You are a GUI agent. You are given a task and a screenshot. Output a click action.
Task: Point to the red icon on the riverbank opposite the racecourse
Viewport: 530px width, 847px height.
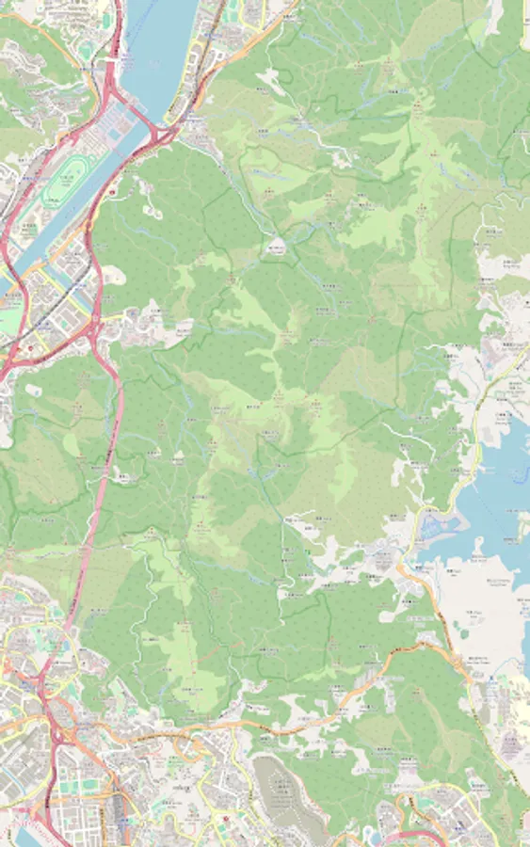pos(113,191)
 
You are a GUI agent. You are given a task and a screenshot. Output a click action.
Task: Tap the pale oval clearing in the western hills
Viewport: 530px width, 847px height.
pos(72,442)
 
